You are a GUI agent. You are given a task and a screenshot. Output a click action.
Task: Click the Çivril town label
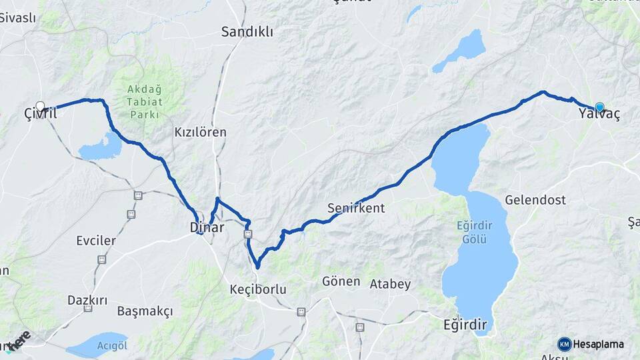(37, 114)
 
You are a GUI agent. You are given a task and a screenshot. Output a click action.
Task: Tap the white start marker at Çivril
(40, 106)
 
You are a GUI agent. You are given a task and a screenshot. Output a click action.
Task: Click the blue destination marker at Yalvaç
(599, 107)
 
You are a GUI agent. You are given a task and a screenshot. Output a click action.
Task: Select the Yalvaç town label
(599, 115)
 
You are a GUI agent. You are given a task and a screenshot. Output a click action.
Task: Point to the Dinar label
(207, 227)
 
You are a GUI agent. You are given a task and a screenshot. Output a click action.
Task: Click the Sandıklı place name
(247, 31)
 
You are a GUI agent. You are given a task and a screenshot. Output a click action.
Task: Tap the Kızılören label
(200, 132)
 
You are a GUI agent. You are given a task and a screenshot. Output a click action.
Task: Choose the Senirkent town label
(356, 208)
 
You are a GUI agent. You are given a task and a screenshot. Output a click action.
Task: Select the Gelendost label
(535, 199)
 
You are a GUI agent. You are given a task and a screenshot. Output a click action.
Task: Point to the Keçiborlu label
(257, 289)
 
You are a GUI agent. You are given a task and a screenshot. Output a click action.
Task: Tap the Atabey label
(390, 284)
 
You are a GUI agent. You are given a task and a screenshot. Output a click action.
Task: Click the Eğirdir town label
(465, 325)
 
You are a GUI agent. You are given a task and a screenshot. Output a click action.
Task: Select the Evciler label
(96, 240)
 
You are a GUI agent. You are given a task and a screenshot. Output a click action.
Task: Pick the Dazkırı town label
(87, 300)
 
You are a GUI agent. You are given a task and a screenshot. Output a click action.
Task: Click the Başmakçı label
(145, 311)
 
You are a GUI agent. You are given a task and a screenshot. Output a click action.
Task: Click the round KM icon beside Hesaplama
(564, 344)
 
